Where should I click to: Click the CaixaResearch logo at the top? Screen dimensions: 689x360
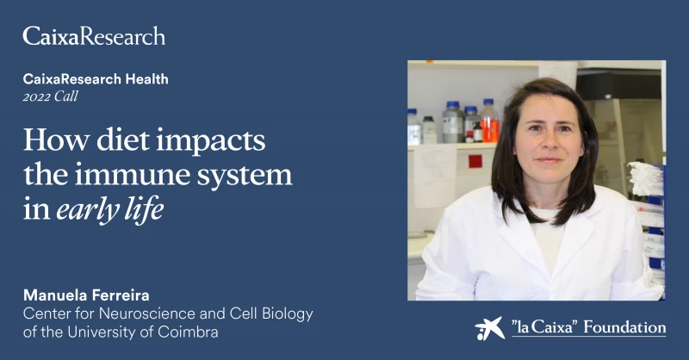click(x=94, y=36)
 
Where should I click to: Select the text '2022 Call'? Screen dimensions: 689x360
click(x=51, y=96)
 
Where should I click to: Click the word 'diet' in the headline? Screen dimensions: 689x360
click(x=122, y=140)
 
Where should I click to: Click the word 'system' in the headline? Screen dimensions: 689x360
click(x=245, y=177)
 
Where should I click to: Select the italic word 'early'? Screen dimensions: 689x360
click(x=88, y=210)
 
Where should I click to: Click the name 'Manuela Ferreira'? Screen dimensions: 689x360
click(x=86, y=295)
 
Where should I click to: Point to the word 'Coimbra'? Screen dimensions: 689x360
click(x=188, y=332)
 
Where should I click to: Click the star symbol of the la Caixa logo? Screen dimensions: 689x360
click(x=489, y=328)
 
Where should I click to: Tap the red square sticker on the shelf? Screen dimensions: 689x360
click(x=475, y=161)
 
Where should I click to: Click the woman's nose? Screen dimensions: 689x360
click(x=549, y=143)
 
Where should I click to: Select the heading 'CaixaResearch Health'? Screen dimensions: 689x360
click(x=96, y=79)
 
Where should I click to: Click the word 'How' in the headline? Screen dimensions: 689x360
click(x=56, y=140)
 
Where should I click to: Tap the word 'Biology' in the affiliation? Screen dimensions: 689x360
click(x=288, y=314)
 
